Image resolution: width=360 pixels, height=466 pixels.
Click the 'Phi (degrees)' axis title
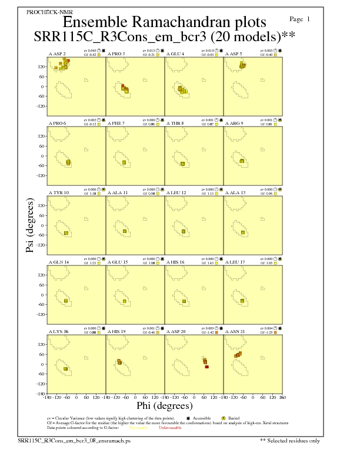(164, 406)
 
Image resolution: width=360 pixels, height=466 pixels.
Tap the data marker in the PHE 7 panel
(124, 162)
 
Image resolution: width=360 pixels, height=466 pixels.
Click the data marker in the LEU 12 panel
(184, 232)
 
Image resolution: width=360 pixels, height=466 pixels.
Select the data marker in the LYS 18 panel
(66, 369)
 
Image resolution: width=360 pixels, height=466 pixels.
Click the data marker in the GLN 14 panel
(66, 301)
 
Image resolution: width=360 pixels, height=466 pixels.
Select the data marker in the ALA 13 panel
(243, 232)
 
